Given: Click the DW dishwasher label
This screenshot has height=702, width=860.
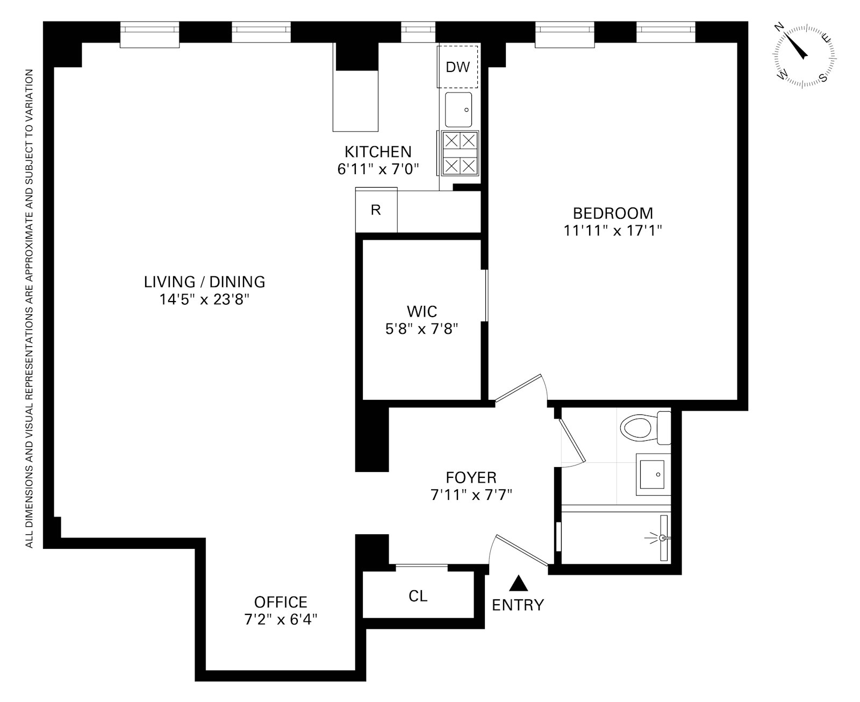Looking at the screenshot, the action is (457, 67).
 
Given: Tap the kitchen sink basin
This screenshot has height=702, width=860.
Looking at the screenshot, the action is (458, 109).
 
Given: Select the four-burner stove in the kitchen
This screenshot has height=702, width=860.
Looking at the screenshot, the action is (460, 153).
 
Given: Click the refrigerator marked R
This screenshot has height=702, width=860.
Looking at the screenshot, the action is (376, 210).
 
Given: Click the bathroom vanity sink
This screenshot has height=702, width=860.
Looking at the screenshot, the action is (653, 475).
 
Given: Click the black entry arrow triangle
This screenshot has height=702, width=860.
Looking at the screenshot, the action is (518, 583).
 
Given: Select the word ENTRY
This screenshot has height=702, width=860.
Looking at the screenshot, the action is (518, 605).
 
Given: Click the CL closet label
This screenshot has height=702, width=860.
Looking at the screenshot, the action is (418, 596).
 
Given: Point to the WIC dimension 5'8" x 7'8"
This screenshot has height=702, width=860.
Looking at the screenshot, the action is (421, 329).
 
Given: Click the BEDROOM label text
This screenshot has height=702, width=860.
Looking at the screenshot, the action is (612, 213).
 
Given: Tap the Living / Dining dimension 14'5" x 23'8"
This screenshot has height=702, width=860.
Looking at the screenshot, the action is (204, 299).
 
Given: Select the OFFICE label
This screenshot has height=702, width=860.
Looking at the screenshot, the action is (281, 602).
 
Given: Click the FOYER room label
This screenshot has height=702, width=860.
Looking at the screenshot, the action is (471, 477).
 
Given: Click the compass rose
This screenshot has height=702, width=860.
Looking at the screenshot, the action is (804, 56).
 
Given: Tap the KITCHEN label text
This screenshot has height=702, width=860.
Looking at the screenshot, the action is (378, 152).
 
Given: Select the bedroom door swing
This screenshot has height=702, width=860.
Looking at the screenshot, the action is (521, 390).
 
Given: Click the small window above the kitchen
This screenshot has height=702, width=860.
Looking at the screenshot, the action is (418, 30).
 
